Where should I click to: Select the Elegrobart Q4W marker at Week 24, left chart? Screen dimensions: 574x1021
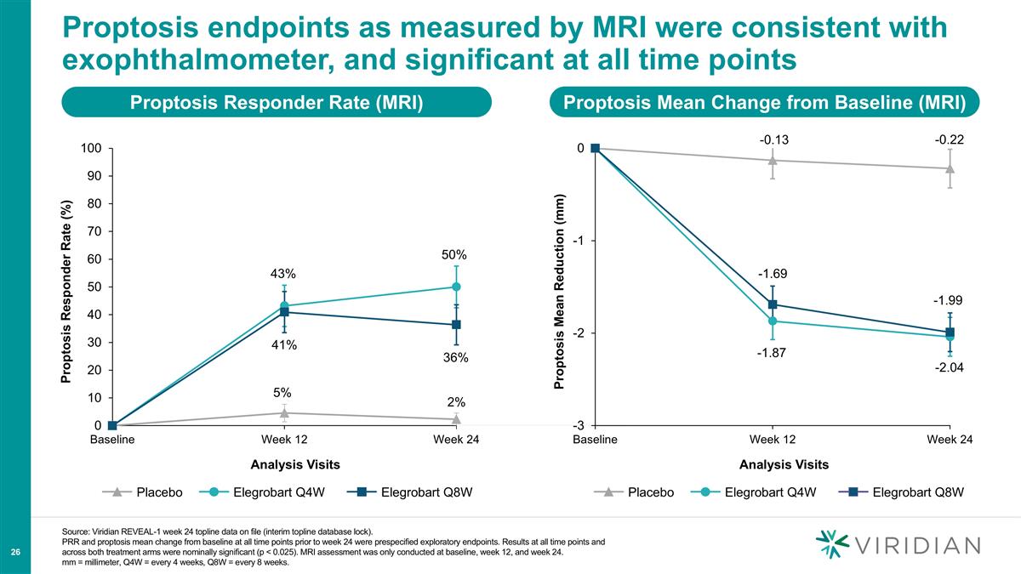(456, 287)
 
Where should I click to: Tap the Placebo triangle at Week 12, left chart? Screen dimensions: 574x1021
(284, 412)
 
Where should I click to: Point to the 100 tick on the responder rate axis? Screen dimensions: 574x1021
(92, 149)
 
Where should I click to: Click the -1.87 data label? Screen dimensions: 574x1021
(772, 353)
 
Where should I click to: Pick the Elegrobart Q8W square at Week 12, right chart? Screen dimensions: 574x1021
(773, 304)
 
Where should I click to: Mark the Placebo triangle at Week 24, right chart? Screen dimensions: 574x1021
(950, 168)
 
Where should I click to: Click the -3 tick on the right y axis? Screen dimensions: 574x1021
(579, 426)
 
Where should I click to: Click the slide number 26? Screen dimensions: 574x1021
(15, 553)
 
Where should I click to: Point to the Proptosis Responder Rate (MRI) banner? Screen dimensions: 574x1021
(277, 103)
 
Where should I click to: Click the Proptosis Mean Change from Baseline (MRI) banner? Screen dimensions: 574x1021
(765, 103)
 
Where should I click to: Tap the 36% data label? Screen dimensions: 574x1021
(455, 358)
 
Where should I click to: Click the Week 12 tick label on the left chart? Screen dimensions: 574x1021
(283, 440)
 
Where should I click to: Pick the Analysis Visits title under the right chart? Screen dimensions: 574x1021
(784, 464)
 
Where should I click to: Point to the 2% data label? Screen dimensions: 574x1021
(456, 401)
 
